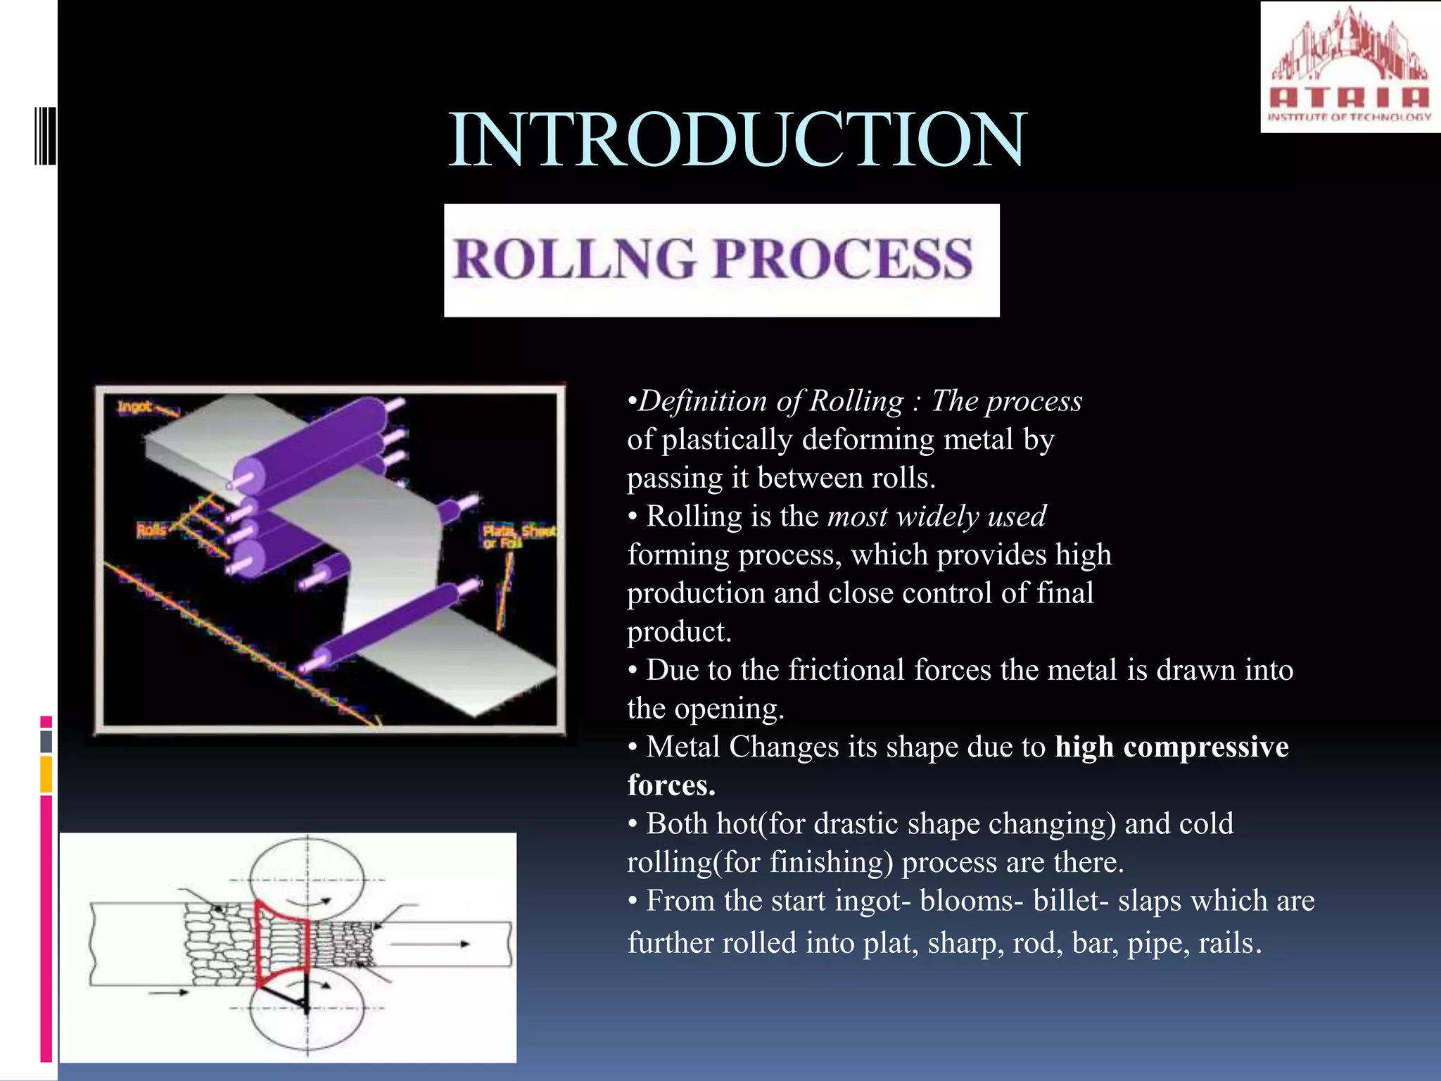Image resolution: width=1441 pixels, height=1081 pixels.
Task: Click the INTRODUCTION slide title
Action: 737,140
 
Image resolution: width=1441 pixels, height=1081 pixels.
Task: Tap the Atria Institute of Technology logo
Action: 1350,67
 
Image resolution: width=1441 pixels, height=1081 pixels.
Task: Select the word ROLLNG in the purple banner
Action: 574,259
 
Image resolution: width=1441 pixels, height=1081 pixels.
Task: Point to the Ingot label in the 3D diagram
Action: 134,407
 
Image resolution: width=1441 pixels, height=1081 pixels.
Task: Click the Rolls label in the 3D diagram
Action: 151,530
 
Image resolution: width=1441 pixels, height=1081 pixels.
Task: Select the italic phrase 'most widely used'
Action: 937,517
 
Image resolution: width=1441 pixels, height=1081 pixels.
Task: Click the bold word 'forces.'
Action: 671,785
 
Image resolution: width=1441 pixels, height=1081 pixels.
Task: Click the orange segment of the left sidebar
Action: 46,774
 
